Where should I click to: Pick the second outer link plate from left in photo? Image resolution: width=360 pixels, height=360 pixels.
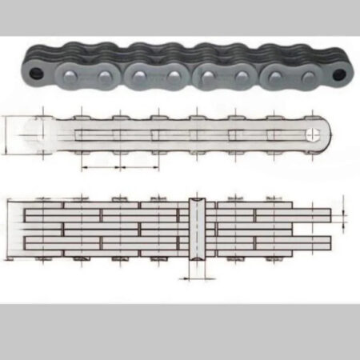click(158, 78)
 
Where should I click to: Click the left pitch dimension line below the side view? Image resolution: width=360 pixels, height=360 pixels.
click(99, 168)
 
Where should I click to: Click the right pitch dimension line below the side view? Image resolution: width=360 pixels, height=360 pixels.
click(138, 168)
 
